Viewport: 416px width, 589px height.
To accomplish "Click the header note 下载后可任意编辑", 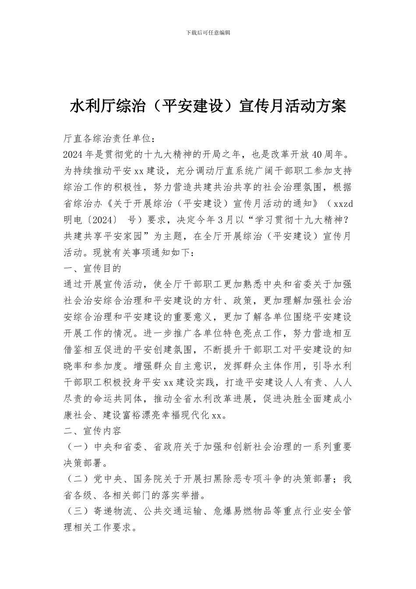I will point(208,32).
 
